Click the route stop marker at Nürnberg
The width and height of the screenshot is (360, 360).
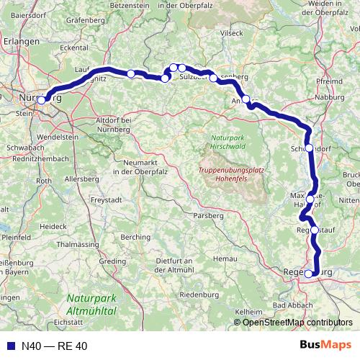(x=42, y=100)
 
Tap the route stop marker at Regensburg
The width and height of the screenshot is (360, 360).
(x=309, y=274)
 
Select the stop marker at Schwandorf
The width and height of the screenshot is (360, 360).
(x=310, y=148)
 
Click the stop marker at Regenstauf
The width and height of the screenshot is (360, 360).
(x=315, y=230)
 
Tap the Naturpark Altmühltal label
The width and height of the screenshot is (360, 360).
(x=91, y=304)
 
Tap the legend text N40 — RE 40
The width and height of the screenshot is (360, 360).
(x=54, y=346)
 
